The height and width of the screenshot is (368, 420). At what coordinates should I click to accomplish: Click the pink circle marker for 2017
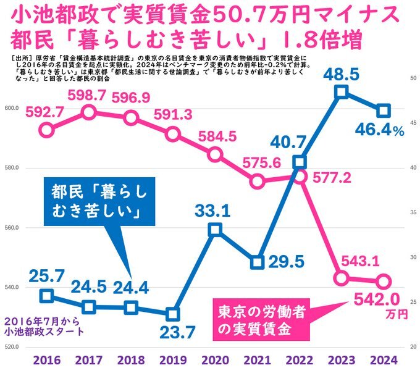point(89,112)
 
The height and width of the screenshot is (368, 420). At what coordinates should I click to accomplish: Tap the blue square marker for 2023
point(341,93)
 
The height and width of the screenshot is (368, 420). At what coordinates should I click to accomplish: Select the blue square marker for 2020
point(215,230)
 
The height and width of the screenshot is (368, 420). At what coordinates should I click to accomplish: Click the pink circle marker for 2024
point(383,281)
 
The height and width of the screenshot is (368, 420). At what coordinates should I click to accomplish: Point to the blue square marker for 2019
point(173,314)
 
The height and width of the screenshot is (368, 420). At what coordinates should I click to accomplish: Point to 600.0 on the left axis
point(12,109)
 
